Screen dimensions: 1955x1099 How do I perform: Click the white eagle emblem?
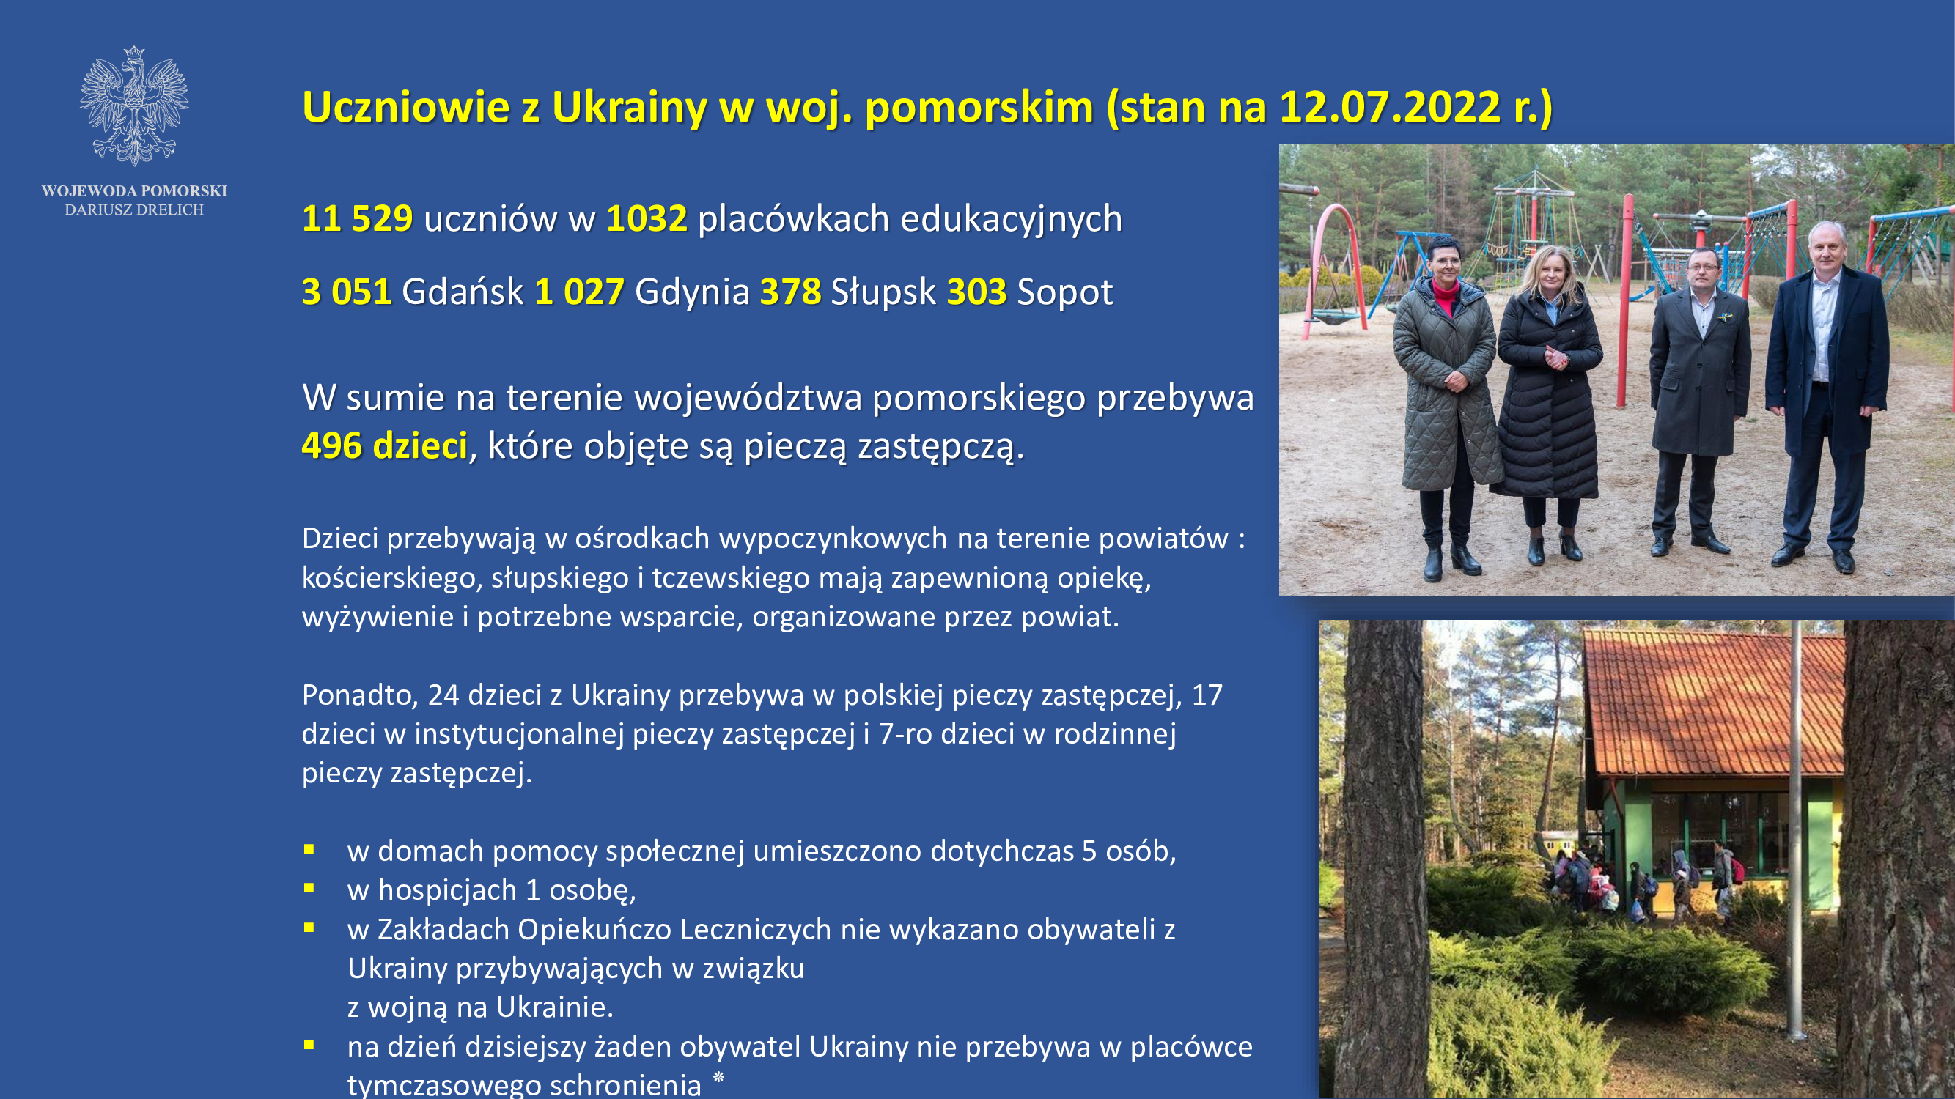point(134,106)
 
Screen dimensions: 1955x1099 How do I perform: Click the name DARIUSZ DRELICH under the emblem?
point(134,210)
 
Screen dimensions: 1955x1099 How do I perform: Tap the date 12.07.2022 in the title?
point(1390,106)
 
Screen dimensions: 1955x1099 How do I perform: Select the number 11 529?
point(358,218)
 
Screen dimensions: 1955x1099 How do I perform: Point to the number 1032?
point(647,218)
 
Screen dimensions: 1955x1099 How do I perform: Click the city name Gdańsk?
point(463,292)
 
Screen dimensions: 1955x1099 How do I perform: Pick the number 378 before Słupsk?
point(790,292)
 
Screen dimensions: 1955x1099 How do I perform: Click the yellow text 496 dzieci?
point(385,445)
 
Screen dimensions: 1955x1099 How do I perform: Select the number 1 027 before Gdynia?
point(579,292)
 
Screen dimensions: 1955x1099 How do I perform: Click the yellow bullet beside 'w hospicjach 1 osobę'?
point(309,887)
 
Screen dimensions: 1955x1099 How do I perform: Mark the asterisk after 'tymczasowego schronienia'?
point(718,1077)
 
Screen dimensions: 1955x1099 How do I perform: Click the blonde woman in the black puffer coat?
point(1547,402)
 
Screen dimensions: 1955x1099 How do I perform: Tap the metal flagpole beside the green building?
point(1795,831)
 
